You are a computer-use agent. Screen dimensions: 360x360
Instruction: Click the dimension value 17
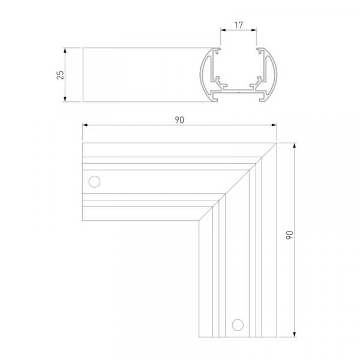[238, 25]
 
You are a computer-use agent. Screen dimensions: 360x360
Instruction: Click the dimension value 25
[61, 75]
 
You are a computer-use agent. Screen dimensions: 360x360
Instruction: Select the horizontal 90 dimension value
[179, 120]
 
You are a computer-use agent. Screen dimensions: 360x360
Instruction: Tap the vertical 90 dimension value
[290, 235]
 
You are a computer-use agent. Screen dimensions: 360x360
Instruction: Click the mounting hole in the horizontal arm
[94, 182]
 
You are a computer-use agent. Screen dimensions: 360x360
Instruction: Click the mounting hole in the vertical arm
[238, 325]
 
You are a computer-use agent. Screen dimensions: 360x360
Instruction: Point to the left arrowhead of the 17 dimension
[223, 30]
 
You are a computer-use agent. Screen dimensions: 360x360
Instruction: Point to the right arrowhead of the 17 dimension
[254, 30]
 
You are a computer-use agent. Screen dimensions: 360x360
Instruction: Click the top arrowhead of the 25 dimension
[65, 50]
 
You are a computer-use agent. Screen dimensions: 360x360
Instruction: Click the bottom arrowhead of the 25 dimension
[65, 99]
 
